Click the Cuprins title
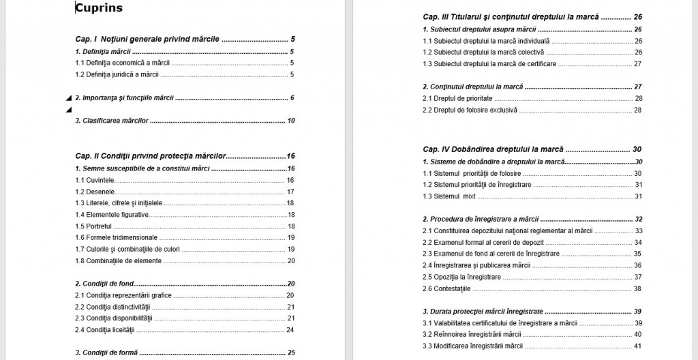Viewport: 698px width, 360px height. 99,9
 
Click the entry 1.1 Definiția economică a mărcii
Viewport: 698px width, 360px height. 122,63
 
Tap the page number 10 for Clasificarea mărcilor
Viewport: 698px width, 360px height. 290,121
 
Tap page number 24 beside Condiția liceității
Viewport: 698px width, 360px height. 290,330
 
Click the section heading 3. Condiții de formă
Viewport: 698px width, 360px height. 106,352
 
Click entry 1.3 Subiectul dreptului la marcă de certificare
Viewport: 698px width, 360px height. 489,63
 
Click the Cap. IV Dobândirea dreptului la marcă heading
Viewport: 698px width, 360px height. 493,149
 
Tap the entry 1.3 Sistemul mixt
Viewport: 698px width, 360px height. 449,196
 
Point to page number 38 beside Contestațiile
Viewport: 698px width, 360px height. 637,288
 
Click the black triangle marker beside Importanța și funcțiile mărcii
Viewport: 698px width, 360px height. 68,98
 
